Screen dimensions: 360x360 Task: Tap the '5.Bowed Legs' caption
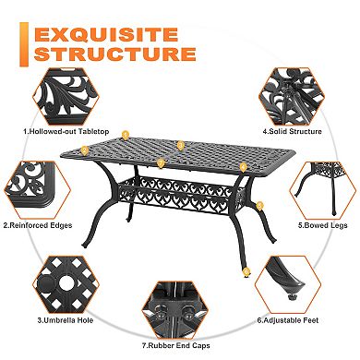tap(316, 223)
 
